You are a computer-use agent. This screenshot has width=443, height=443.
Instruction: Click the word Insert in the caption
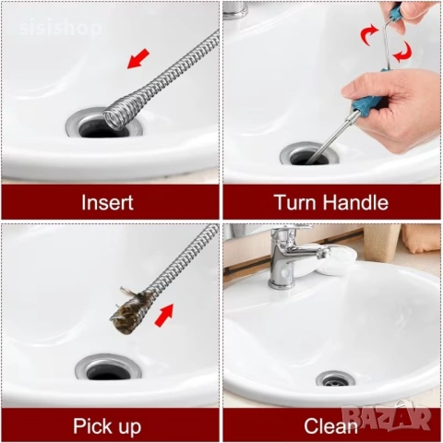(x=107, y=202)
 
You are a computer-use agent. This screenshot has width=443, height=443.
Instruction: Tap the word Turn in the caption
(x=296, y=202)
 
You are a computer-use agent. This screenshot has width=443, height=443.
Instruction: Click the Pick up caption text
(x=107, y=426)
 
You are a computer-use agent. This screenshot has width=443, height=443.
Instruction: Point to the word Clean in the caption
(x=330, y=426)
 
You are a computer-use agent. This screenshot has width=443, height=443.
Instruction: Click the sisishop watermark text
(x=61, y=28)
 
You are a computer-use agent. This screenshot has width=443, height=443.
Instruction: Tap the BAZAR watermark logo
(x=386, y=416)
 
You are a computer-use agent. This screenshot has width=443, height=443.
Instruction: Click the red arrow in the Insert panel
(x=138, y=59)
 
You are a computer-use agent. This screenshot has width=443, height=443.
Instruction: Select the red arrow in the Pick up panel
(x=164, y=316)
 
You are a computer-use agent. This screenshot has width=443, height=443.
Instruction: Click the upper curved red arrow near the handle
(x=368, y=34)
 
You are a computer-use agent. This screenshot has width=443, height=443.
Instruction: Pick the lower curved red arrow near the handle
(x=403, y=52)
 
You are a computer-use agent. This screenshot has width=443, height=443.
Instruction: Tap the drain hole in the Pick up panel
(x=108, y=371)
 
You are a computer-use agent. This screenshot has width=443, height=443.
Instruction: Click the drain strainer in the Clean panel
(x=335, y=379)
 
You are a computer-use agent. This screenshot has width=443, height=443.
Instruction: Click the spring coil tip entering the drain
(x=115, y=116)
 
